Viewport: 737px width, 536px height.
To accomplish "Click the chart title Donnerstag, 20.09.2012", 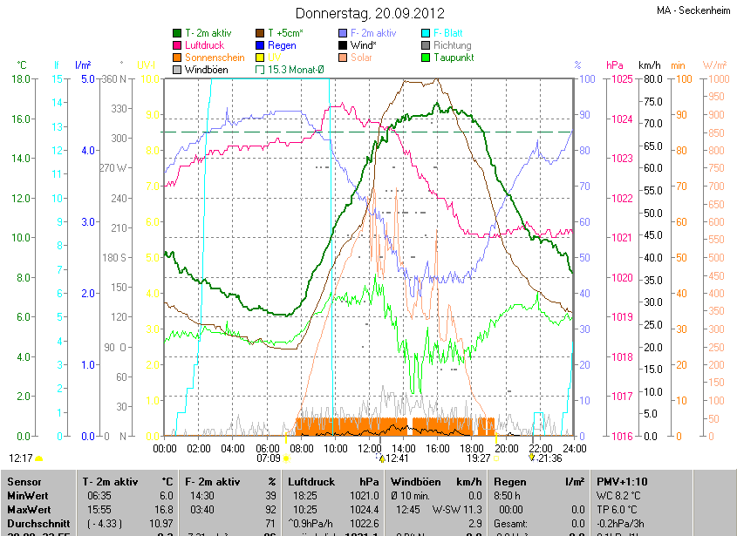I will coord(370,13).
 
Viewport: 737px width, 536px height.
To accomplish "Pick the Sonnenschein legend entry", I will coord(215,58).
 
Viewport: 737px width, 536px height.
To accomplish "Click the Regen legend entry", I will coord(282,45).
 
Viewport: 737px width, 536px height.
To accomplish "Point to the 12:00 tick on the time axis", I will coord(370,448).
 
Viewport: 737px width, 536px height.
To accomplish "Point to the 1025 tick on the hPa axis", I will coord(622,79).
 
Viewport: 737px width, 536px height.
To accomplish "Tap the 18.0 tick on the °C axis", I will coord(22,79).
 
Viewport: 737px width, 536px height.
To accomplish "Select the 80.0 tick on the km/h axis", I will coord(652,79).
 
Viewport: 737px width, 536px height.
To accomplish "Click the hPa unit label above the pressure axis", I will coord(615,65).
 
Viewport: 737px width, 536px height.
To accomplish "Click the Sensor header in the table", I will coord(24,481).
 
